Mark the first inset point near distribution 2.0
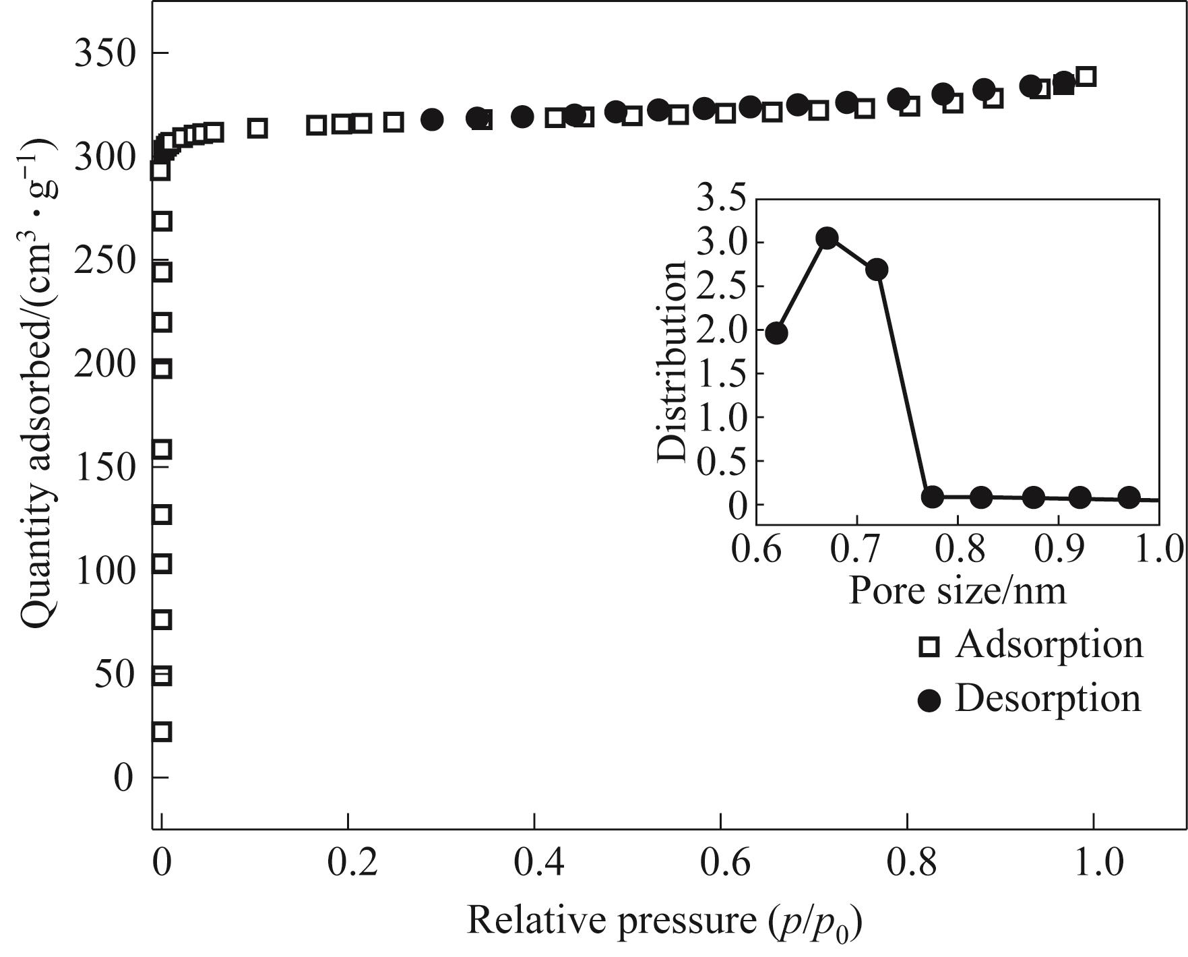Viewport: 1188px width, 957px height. [776, 333]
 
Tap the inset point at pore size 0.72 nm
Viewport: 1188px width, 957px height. [876, 270]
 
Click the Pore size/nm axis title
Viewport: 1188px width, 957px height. [957, 591]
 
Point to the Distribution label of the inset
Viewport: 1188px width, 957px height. [672, 361]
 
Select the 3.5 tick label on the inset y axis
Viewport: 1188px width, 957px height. [722, 200]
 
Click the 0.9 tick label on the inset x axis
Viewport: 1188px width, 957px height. [1058, 549]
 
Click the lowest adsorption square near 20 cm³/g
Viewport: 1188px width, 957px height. [162, 731]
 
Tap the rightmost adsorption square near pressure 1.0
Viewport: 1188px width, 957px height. [1086, 76]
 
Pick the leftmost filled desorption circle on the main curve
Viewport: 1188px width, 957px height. [432, 120]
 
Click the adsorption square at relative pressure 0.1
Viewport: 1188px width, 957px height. [257, 128]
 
